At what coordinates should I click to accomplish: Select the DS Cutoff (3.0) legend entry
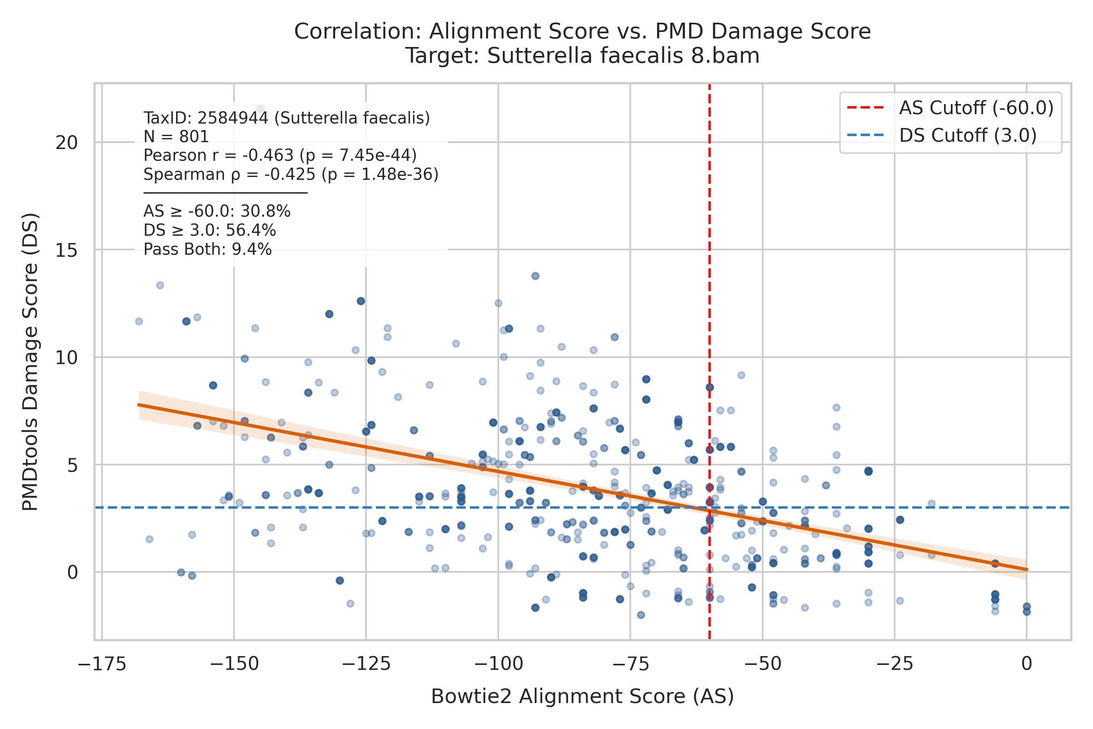click(942, 135)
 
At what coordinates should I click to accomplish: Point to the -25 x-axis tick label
click(895, 664)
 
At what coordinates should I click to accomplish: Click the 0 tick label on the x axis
click(1027, 664)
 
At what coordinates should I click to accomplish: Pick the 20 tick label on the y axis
click(66, 143)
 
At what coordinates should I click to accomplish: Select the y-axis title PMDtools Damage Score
click(31, 362)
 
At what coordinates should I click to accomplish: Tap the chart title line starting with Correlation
click(583, 32)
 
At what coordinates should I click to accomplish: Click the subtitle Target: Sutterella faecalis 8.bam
click(583, 56)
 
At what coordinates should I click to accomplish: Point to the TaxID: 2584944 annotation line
click(287, 118)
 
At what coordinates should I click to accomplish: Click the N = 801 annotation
click(176, 137)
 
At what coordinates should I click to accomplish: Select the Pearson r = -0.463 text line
click(280, 155)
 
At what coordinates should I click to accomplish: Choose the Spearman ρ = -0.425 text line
click(291, 174)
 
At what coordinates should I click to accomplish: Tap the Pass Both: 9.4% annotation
click(208, 249)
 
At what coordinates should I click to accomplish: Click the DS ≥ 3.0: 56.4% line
click(210, 230)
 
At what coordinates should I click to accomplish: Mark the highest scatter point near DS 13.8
click(535, 276)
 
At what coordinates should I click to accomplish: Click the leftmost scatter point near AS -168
click(139, 321)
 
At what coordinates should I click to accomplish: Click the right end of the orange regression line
click(1027, 569)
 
